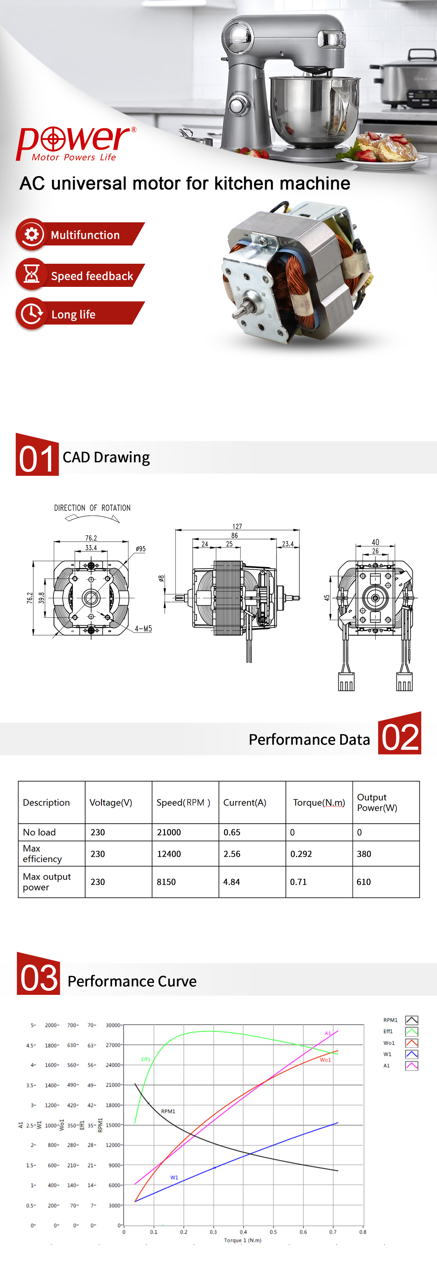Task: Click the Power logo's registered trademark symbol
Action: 133,130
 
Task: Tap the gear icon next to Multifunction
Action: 32,234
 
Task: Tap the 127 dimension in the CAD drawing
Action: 237,526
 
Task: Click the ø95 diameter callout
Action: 141,549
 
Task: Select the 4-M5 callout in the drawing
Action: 143,629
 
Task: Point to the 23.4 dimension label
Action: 288,544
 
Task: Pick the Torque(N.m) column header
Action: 319,802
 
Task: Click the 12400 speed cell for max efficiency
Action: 169,854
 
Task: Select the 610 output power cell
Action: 363,882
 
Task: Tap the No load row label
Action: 39,832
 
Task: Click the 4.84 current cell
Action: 232,882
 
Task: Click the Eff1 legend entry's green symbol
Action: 412,1031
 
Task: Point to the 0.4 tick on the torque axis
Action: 244,1232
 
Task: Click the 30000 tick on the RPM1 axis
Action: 113,1025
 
